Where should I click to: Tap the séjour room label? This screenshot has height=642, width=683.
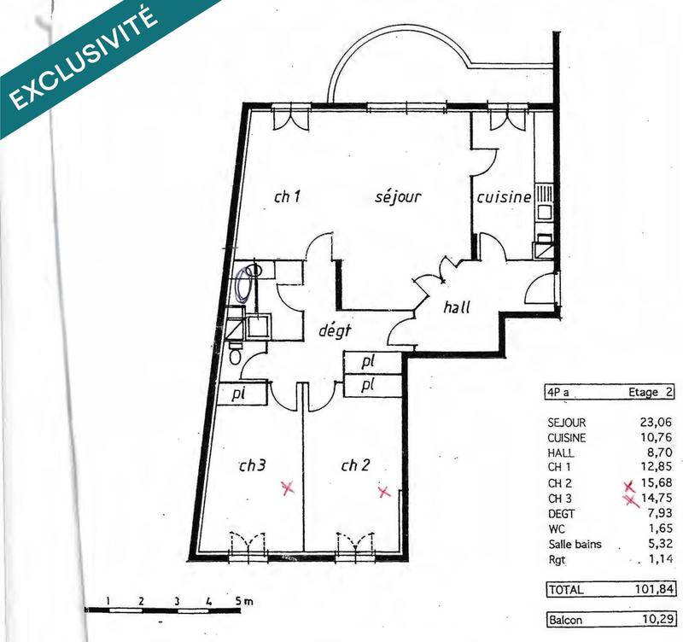pos(399,197)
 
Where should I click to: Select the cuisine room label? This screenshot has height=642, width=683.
pos(504,197)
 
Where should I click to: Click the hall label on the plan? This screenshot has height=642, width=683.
pos(457,308)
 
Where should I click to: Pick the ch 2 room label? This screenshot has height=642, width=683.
pos(355,465)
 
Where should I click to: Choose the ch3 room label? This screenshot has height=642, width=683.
pos(253,465)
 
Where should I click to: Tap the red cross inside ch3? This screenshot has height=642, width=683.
pos(288,488)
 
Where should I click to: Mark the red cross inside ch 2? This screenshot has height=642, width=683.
pos(384,492)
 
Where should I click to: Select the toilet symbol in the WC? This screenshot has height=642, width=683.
pos(235,353)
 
